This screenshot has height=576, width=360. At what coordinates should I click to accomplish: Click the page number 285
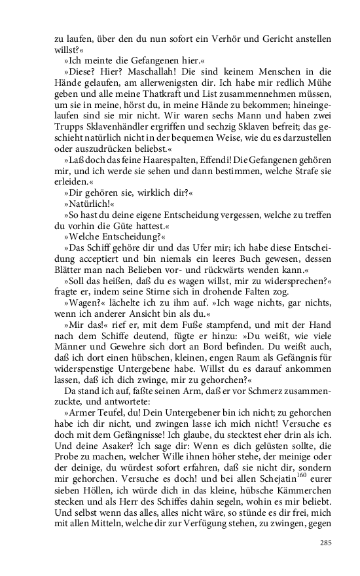(326, 524)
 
